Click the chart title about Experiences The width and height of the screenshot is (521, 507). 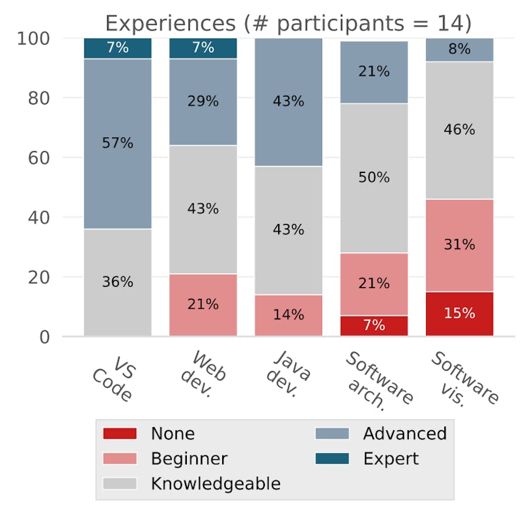288,23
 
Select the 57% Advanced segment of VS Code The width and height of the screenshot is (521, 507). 118,143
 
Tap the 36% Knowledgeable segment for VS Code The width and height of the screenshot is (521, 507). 118,282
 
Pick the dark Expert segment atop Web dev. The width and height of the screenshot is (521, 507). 203,48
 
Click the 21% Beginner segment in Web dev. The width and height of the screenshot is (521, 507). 203,304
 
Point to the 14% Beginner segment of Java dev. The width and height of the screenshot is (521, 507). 288,315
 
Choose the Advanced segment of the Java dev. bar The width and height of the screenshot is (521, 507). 288,101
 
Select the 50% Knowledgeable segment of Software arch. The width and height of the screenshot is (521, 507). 374,178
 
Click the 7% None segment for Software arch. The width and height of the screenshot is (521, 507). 374,326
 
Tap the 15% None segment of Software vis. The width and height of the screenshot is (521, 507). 459,313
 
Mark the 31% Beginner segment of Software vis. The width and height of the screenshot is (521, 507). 459,245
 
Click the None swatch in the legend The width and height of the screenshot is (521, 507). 120,433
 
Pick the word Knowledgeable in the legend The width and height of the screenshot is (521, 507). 215,484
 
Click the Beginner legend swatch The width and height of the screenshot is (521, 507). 120,459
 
